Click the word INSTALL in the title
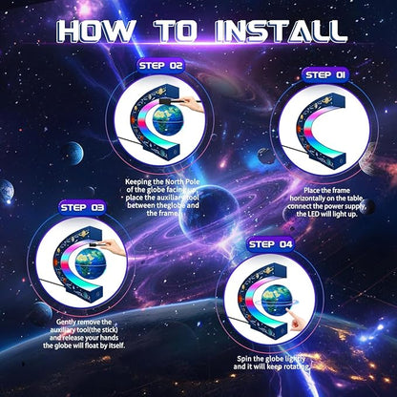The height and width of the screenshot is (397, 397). click(x=281, y=31)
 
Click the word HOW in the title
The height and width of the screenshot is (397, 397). click(x=95, y=31)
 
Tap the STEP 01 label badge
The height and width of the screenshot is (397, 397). click(x=325, y=75)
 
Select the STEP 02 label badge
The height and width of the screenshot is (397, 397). click(x=160, y=66)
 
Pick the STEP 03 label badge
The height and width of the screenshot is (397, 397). click(x=82, y=208)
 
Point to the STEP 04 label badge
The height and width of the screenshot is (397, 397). click(x=270, y=244)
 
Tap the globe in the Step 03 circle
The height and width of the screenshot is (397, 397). click(x=90, y=262)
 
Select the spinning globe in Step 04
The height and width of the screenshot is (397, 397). click(x=276, y=300)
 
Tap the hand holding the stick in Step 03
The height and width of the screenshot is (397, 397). click(x=115, y=247)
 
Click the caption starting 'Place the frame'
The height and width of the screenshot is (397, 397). click(x=326, y=202)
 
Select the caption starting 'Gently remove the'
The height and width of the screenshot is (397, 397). click(x=84, y=334)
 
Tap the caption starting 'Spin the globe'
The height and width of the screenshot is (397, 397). click(x=271, y=363)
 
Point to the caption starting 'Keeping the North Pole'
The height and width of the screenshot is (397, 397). click(x=162, y=198)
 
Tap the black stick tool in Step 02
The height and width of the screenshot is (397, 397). click(x=179, y=101)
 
